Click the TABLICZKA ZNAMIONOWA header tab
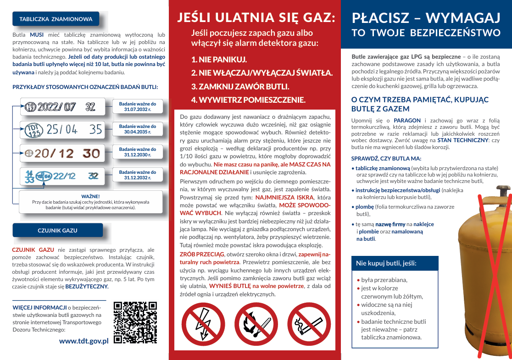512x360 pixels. click(x=56, y=19)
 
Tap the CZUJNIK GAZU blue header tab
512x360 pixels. click(x=57, y=230)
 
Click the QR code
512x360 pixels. click(x=135, y=322)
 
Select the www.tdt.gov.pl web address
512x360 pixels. click(x=83, y=341)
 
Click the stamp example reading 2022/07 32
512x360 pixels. click(x=60, y=107)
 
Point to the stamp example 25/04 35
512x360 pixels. click(x=64, y=129)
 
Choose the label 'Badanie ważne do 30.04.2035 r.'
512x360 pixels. click(x=137, y=129)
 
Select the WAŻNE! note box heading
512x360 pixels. click(x=90, y=196)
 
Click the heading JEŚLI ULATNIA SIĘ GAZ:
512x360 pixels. click(x=256, y=18)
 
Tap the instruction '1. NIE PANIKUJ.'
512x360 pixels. click(x=219, y=60)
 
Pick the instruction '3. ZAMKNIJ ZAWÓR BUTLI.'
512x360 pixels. click(x=240, y=86)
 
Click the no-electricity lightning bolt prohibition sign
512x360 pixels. click(x=200, y=324)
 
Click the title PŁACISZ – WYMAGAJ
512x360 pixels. click(x=426, y=18)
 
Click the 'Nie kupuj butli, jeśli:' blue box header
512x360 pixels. click(x=386, y=263)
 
